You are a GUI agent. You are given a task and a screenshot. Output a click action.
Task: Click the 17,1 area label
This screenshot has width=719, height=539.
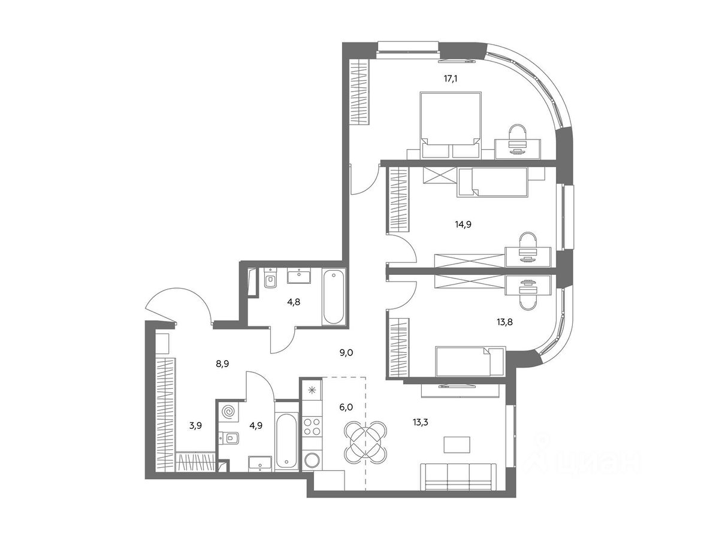pyautogui.click(x=451, y=79)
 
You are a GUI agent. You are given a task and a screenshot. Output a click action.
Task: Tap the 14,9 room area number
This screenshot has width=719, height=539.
pyautogui.click(x=463, y=225)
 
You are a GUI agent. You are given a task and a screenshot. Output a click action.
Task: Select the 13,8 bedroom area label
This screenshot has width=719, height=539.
pyautogui.click(x=504, y=322)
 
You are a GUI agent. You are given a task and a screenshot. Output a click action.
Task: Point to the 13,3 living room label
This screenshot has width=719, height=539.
pyautogui.click(x=420, y=422)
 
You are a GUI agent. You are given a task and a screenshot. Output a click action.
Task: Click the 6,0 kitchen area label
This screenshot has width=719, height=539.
pyautogui.click(x=346, y=407)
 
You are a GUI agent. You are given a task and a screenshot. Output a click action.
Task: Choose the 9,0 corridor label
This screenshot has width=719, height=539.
pyautogui.click(x=346, y=353)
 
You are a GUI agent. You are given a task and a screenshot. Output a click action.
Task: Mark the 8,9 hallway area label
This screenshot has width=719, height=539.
pyautogui.click(x=222, y=364)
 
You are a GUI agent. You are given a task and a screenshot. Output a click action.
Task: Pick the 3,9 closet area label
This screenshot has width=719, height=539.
pyautogui.click(x=195, y=426)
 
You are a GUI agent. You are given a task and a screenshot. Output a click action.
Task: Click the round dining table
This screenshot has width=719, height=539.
pyautogui.click(x=365, y=442)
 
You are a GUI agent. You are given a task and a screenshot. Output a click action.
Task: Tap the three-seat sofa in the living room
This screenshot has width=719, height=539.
pyautogui.click(x=458, y=477)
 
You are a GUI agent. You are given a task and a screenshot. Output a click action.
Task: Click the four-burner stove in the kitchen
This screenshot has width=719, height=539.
pyautogui.click(x=312, y=427)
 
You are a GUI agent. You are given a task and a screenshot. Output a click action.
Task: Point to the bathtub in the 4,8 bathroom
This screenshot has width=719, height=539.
pyautogui.click(x=334, y=297)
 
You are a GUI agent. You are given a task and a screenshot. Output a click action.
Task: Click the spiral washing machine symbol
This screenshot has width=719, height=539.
pyautogui.click(x=228, y=411)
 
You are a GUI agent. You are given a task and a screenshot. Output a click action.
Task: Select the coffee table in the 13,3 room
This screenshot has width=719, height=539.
pyautogui.click(x=457, y=445)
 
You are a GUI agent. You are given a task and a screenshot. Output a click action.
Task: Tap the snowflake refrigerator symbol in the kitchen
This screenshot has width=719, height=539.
pyautogui.click(x=312, y=389)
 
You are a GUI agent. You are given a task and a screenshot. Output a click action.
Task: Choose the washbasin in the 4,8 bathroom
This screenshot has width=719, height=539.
pyautogui.click(x=299, y=275)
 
